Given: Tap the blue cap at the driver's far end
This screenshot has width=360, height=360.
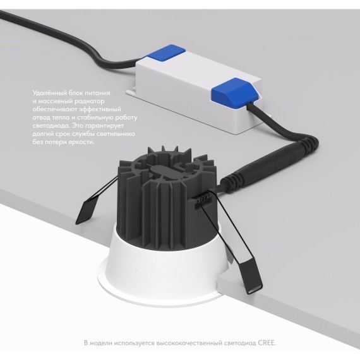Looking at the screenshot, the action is [x=165, y=53].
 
